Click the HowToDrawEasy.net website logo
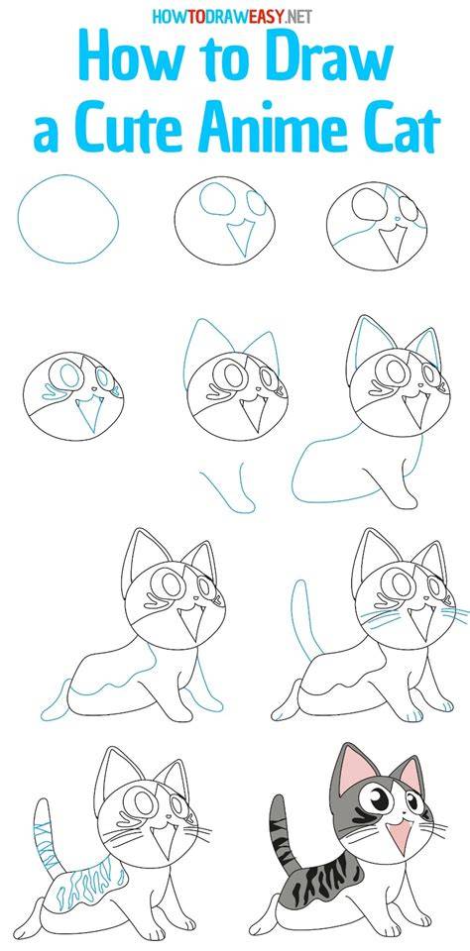232,17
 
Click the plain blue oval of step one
68,219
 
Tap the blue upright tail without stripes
303,618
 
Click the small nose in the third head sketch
397,219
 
